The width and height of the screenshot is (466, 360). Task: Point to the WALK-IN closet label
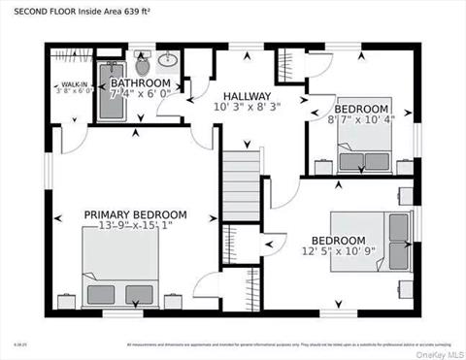pyautogui.click(x=68, y=84)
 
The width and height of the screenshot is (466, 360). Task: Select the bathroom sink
pyautogui.click(x=167, y=60)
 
